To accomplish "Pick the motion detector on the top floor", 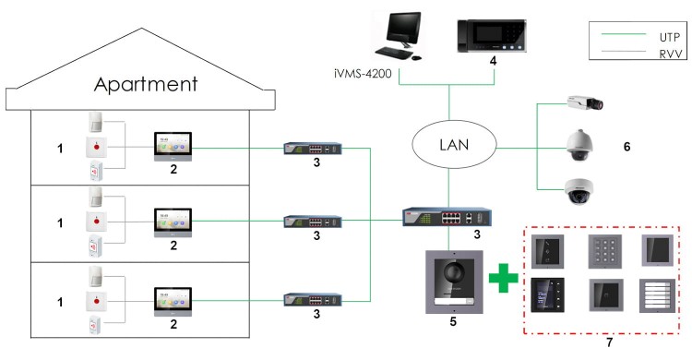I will pos(97,122).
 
